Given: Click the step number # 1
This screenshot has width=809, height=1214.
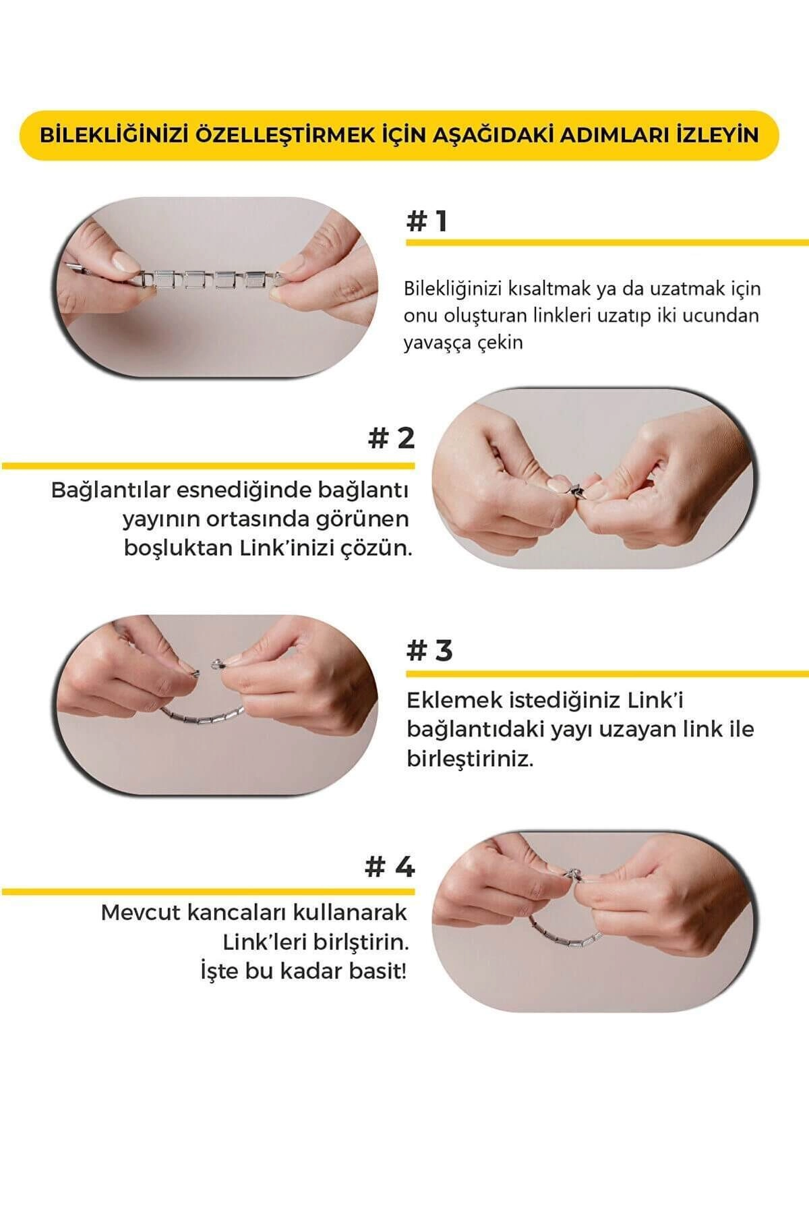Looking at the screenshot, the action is [427, 221].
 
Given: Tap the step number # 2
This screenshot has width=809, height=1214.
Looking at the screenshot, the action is [391, 438].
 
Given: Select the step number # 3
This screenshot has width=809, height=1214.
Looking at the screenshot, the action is [429, 650].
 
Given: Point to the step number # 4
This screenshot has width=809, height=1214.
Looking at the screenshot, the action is [390, 867].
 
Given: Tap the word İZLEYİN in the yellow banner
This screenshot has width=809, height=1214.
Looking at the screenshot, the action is [717, 135].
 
